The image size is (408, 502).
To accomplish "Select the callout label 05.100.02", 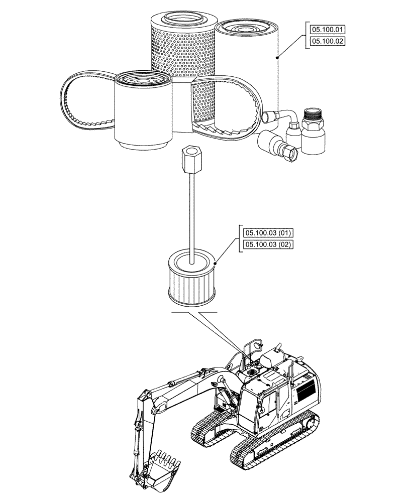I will point(327,42).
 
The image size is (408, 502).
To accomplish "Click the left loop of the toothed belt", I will point(80,100).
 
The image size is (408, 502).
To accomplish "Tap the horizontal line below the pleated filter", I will point(193,312).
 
